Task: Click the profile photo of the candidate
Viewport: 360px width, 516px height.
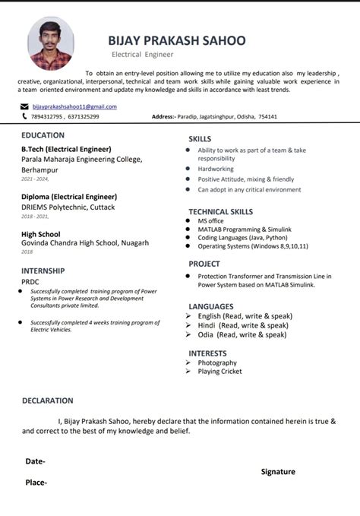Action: click(x=51, y=44)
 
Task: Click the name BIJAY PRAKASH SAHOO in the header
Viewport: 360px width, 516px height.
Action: click(x=176, y=40)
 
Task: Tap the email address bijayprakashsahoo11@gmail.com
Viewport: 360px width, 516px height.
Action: click(x=74, y=106)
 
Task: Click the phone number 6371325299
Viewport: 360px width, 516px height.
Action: click(x=82, y=116)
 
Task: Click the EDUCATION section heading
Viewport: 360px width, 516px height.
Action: click(x=43, y=135)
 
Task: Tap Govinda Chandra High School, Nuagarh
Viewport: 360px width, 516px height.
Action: click(x=85, y=243)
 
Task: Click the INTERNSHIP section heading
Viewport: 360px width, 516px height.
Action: click(x=43, y=271)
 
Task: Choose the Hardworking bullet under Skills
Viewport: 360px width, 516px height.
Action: click(x=216, y=169)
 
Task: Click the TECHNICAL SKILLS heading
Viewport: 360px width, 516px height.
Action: click(x=220, y=211)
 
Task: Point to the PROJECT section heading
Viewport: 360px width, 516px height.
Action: click(x=204, y=264)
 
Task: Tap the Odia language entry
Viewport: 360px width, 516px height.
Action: click(x=237, y=334)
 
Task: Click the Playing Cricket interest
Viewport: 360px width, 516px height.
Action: click(x=219, y=372)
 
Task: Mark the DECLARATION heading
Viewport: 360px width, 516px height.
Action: click(x=48, y=400)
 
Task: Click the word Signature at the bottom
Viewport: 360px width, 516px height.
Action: click(x=278, y=472)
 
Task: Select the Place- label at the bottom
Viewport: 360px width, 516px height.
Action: click(x=36, y=483)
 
